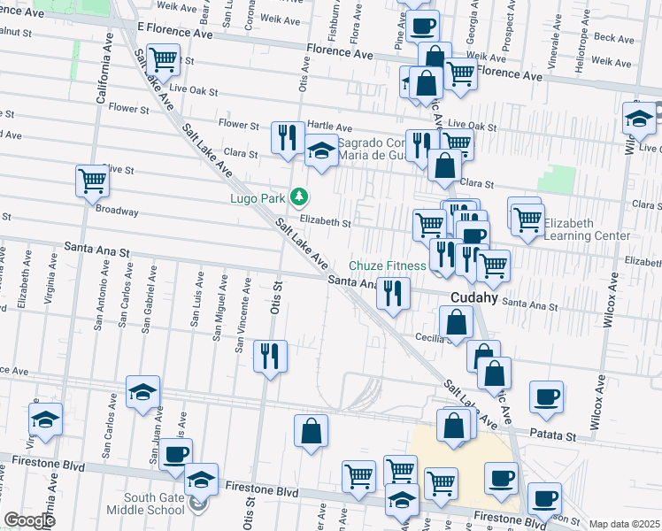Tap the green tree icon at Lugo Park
point(301,196)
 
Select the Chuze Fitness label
point(388,265)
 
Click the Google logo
point(29,520)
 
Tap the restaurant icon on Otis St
point(270,356)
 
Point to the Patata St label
point(552,435)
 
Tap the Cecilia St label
point(434,337)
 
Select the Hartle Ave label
point(331,127)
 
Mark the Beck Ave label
point(615,38)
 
